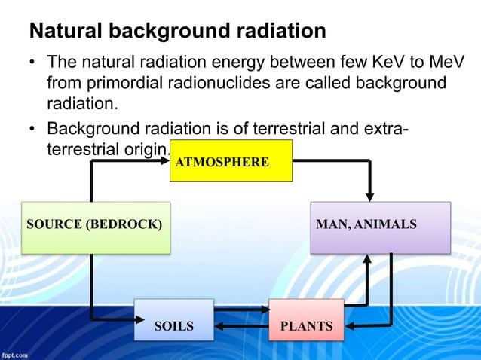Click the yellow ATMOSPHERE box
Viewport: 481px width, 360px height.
231,160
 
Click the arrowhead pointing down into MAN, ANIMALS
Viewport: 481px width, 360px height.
369,194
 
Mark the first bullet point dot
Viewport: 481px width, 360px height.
33,61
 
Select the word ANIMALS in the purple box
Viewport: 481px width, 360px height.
390,224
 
